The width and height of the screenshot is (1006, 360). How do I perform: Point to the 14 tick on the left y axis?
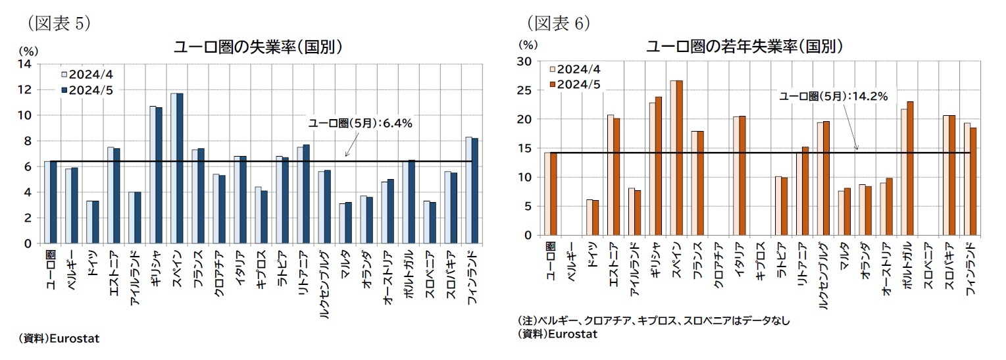[28, 64]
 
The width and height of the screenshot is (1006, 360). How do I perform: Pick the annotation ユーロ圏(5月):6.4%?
[361, 123]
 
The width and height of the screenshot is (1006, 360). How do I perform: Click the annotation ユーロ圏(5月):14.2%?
[833, 97]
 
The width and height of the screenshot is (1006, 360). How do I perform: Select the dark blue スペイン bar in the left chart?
[180, 168]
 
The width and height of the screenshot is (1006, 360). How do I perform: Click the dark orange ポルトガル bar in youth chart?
[910, 168]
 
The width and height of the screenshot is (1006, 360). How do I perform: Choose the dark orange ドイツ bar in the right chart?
[596, 217]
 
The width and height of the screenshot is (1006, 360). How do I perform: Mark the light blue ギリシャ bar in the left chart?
[153, 174]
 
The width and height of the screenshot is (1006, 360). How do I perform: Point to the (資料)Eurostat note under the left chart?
[59, 338]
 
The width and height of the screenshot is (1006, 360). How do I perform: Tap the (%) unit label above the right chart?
[528, 45]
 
